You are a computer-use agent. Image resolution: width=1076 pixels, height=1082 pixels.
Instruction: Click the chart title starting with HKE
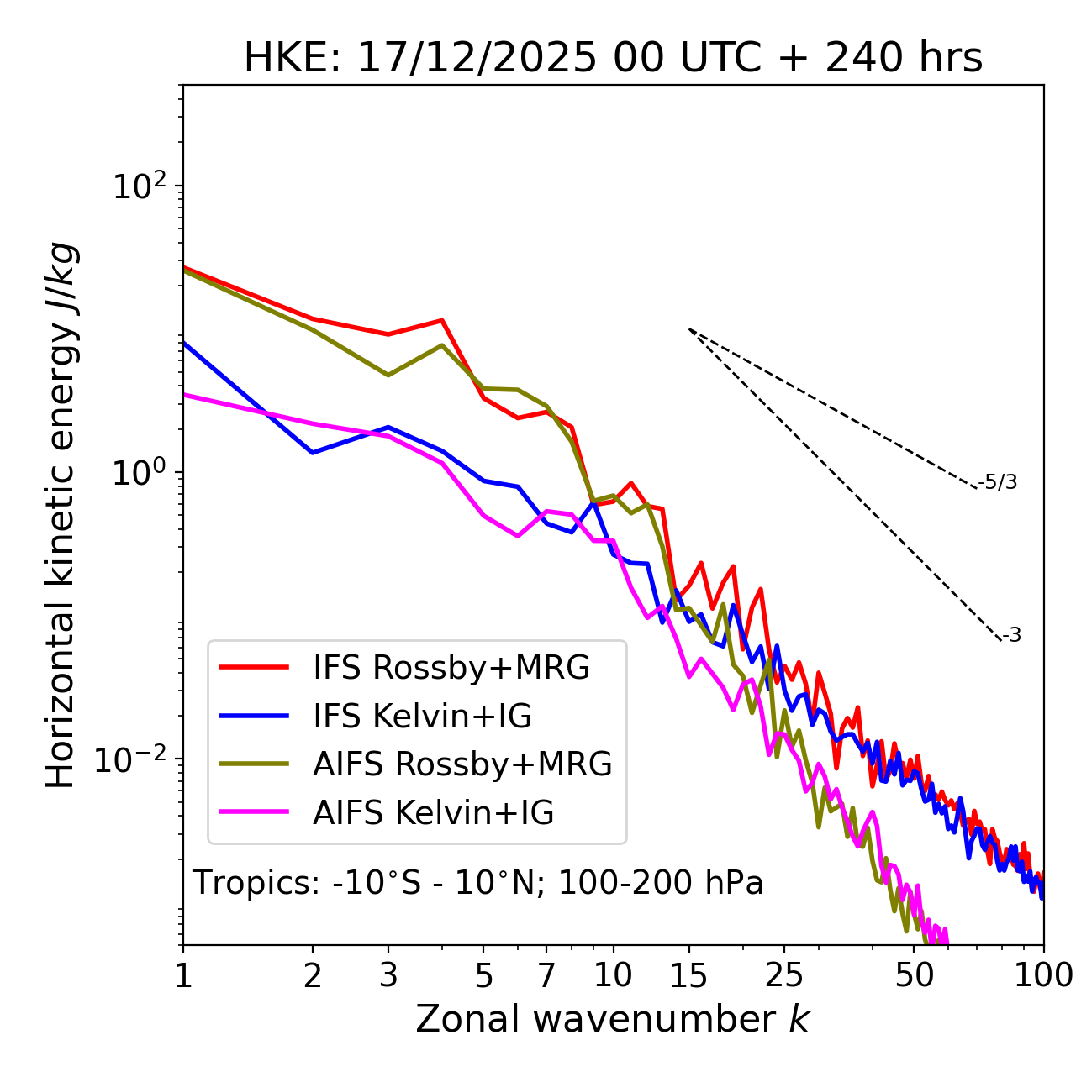point(613,59)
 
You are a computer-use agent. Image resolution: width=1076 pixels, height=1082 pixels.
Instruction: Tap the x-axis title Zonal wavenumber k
point(613,1019)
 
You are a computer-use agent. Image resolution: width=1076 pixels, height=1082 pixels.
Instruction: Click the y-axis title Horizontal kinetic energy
point(61,515)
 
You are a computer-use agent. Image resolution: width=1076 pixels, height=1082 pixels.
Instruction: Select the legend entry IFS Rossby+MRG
point(451,667)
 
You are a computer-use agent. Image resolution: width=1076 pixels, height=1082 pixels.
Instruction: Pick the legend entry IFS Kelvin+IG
point(422,716)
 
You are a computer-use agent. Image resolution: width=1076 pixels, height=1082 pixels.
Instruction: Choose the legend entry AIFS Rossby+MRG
point(462,764)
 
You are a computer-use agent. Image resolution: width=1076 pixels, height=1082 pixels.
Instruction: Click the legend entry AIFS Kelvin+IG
point(433,812)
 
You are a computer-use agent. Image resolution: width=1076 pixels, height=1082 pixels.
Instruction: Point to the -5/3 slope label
point(998,482)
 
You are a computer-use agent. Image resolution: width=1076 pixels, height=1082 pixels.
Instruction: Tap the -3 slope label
point(1011,635)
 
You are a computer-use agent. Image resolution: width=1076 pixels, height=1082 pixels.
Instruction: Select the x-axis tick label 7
point(546,974)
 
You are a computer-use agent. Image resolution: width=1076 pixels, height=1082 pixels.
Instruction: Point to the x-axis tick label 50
point(915,974)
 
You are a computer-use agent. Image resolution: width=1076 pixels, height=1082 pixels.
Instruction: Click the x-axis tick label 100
point(1042,974)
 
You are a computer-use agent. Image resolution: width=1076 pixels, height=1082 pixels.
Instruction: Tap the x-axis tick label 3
point(388,974)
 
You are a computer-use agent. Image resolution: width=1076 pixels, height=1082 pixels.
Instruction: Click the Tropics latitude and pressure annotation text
point(478,883)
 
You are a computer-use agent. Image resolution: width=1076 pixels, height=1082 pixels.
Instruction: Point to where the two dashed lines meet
point(689,329)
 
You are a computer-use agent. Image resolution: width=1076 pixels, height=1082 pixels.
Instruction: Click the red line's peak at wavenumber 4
point(442,320)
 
